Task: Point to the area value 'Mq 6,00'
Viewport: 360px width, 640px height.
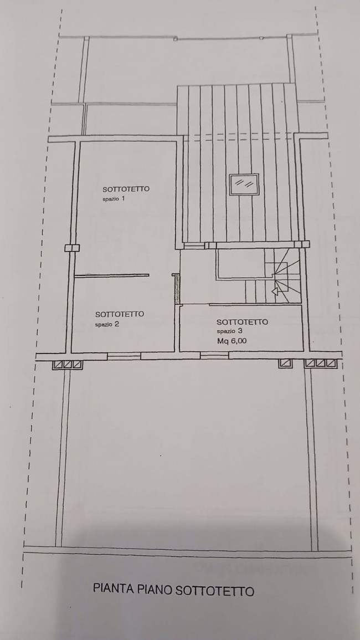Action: click(232, 342)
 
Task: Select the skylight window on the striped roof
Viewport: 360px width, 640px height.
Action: click(244, 185)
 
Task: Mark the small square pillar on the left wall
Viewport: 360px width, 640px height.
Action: click(72, 248)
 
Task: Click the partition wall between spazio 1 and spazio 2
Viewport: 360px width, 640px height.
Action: click(111, 275)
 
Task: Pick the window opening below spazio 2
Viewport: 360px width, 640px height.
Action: click(124, 356)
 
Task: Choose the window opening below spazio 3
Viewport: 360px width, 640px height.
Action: click(214, 356)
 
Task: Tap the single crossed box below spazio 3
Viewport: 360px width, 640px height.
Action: click(285, 363)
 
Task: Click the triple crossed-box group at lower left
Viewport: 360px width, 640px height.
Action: click(68, 365)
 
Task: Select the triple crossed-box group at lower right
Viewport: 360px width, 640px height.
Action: click(321, 363)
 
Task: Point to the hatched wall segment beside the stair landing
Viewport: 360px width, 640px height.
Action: click(177, 289)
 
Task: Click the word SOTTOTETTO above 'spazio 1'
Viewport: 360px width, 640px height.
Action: click(126, 189)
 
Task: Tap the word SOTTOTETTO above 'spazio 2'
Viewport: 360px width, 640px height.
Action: click(120, 314)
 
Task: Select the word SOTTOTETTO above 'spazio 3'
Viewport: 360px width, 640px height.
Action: click(242, 321)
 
